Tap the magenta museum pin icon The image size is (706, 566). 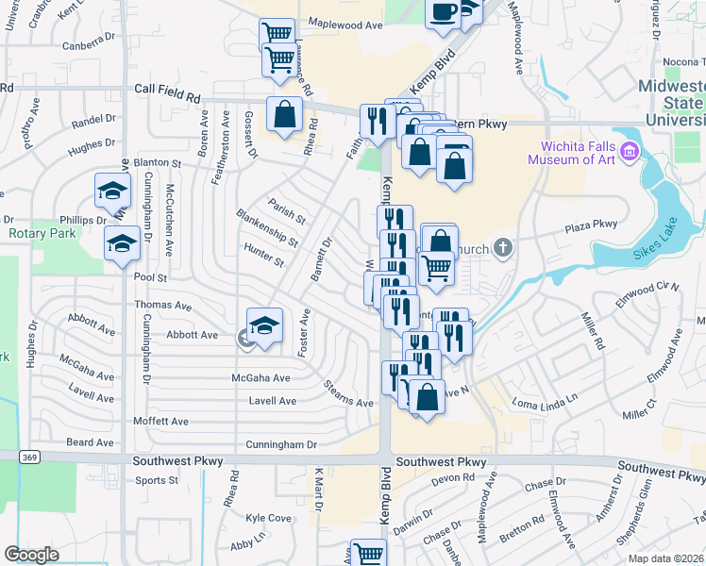coord(630,152)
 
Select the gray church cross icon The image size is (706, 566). coord(504,248)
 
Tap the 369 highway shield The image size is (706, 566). coord(27,457)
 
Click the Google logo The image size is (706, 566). coord(31,555)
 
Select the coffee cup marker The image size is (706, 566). coord(444,12)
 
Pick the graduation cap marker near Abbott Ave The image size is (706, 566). coord(265,325)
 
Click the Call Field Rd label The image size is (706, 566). coord(168,93)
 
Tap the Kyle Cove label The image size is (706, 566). coord(268,518)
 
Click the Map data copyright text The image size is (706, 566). coord(665,558)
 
